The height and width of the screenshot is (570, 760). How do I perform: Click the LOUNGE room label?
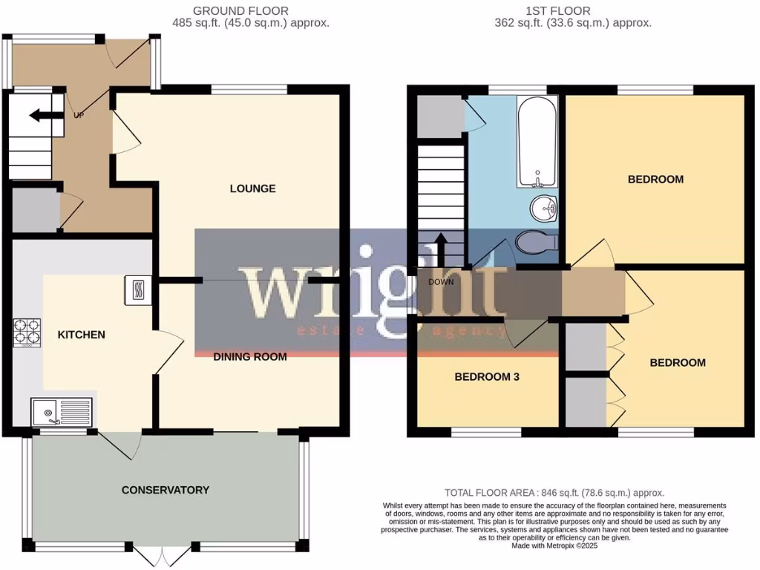252,189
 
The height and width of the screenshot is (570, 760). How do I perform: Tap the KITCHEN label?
82,335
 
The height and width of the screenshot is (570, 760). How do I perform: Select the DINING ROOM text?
250,357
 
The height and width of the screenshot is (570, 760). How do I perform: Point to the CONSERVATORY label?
166,490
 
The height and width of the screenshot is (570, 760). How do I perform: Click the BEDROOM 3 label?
486,377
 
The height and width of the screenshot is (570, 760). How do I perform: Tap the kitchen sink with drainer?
62,411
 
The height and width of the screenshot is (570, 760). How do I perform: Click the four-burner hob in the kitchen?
27,332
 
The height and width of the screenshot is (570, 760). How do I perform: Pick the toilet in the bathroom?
536,242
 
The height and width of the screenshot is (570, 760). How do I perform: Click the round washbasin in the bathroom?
545,207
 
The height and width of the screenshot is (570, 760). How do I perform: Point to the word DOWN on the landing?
441,282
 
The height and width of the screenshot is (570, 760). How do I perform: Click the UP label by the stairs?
79,115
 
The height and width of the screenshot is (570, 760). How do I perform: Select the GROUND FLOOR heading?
240,10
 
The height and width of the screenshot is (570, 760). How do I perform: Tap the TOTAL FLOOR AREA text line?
554,493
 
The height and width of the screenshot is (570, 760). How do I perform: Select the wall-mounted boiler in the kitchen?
138,290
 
